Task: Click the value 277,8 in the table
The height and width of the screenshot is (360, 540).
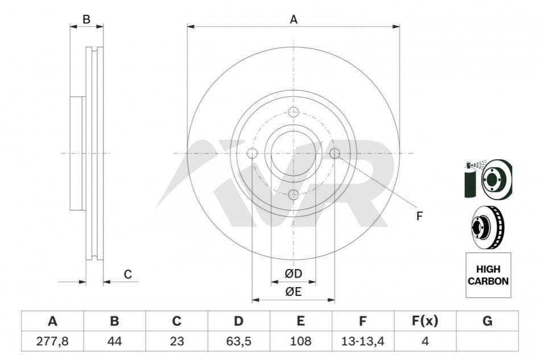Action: point(52,341)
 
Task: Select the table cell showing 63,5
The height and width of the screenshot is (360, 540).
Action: point(238,341)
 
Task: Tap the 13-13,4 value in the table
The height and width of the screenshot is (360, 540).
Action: point(362,341)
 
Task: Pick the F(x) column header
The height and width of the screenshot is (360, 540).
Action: point(425,321)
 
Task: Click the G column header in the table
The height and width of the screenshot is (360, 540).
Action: point(487,321)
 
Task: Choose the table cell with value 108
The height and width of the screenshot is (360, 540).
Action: point(300,341)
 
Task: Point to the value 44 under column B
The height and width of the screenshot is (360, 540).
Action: point(114,341)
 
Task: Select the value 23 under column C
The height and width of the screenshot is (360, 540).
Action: point(176,341)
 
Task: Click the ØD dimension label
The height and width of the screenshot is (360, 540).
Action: point(293,274)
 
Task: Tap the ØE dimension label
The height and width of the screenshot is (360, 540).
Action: point(293,292)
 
